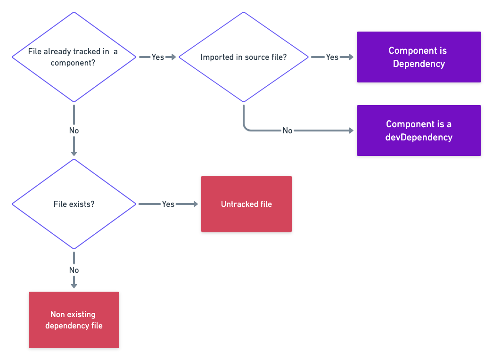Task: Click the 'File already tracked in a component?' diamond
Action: (x=74, y=57)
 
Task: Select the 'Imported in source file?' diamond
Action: (x=243, y=57)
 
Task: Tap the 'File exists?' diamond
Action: (x=74, y=204)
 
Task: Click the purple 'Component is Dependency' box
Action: (x=419, y=57)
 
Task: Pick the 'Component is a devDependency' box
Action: (x=419, y=131)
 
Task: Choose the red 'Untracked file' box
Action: (x=246, y=204)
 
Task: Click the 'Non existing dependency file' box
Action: (x=74, y=320)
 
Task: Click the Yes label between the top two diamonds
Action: (x=157, y=57)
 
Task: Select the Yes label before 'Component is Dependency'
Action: (x=332, y=57)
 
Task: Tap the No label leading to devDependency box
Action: (x=287, y=131)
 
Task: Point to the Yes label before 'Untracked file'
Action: (x=168, y=204)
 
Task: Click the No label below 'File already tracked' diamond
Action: (x=74, y=131)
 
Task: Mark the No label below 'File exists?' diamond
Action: (x=74, y=270)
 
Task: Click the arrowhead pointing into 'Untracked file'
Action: (x=196, y=204)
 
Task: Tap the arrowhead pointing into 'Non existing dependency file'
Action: (x=74, y=285)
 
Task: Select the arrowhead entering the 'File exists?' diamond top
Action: (x=74, y=153)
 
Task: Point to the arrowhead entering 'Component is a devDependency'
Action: (x=351, y=131)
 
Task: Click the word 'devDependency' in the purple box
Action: (x=419, y=137)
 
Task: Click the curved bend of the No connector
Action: (x=246, y=128)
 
